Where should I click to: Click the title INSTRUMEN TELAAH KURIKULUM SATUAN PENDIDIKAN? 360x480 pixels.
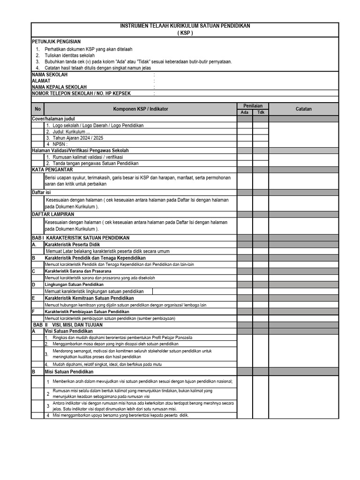pos(185,26)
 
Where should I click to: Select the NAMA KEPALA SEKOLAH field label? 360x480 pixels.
pos(59,87)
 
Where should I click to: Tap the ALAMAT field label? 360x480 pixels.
pos(41,81)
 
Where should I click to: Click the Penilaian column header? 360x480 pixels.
pos(253,106)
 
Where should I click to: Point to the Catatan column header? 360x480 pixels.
pos(303,109)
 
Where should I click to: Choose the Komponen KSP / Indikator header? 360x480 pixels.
pos(141,109)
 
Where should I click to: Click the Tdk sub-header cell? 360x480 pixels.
pos(261,112)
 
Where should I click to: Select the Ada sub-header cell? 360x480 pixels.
pos(245,112)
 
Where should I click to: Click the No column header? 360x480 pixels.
pos(38,109)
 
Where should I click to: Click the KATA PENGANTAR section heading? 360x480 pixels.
pos(52,170)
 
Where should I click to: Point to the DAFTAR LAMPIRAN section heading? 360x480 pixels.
pos(53,214)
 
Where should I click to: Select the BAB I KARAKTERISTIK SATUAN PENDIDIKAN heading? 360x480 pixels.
pos(80,238)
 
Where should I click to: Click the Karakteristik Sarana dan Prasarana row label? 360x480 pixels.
pos(78,271)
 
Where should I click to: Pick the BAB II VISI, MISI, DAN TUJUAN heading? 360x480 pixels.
pos(67,324)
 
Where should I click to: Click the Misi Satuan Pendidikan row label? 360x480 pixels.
pos(69,372)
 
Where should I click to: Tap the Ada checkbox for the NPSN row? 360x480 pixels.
pos(245,144)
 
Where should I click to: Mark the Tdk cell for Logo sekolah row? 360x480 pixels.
pos(261,125)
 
